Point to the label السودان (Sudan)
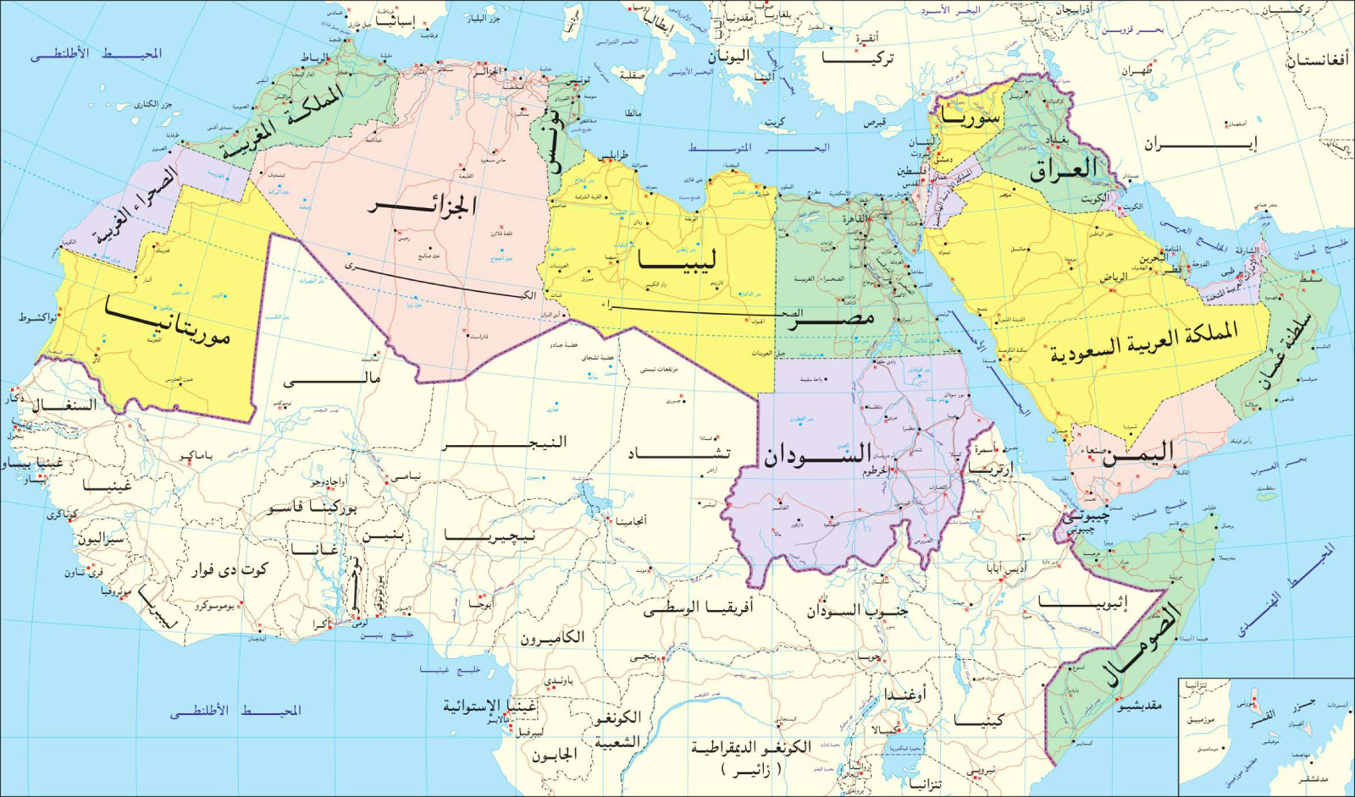pos(818,454)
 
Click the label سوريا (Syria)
pos(969,117)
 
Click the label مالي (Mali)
pos(333,379)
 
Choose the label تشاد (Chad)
pos(679,454)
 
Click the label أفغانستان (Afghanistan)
pos(1319,62)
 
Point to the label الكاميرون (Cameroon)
pos(552,637)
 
